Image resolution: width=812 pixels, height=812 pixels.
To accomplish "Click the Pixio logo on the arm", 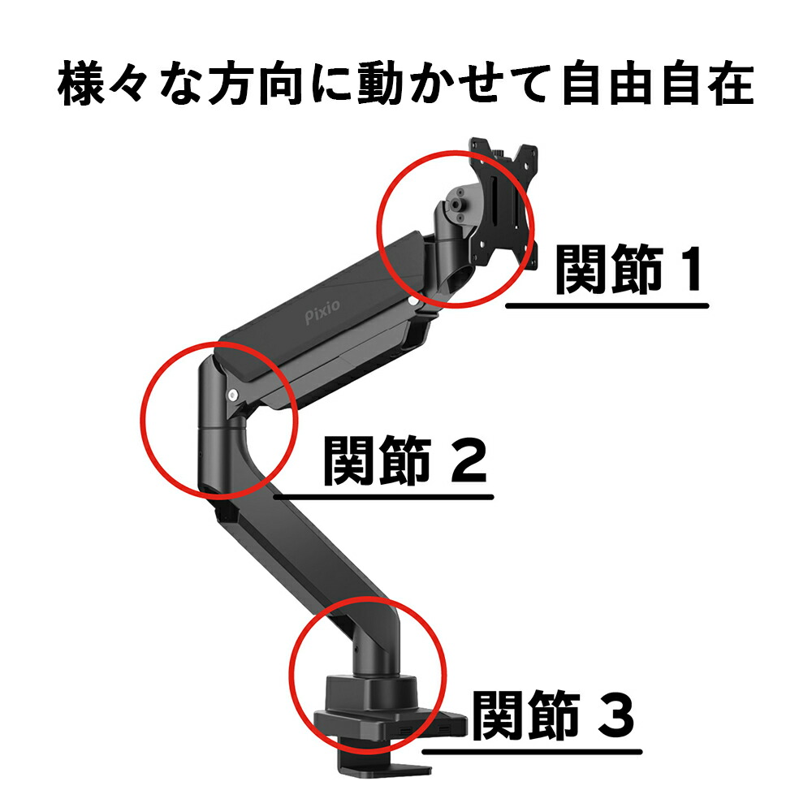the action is tap(322, 312).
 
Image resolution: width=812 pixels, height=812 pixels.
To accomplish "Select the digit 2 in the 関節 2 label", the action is tap(469, 460).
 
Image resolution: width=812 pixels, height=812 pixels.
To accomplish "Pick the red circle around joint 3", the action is tap(290, 674).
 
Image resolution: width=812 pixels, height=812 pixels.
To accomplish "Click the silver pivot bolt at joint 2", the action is tap(233, 395).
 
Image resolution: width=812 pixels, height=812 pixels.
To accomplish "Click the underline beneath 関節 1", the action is tap(607, 306).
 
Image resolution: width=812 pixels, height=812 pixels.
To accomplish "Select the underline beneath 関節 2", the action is tap(384, 497).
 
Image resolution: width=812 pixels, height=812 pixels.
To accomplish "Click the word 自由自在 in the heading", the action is tap(658, 84).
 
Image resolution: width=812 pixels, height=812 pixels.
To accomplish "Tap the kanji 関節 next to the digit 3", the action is tap(526, 715).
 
